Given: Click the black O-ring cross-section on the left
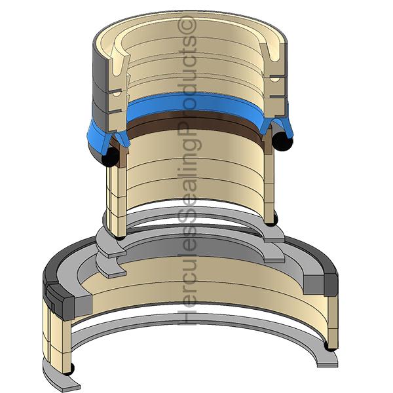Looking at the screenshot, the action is pos(110,157).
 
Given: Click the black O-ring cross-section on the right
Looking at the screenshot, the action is pos(282,141).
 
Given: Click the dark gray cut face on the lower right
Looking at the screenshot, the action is pos(331,284).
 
